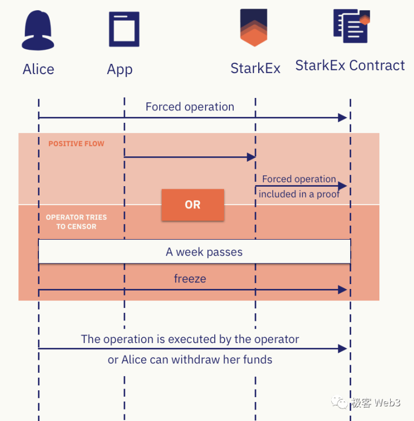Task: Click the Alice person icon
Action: tap(38, 31)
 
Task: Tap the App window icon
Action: tap(124, 29)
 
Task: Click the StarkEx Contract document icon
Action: tap(351, 27)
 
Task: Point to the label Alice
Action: tap(38, 69)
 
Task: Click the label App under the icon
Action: tap(120, 69)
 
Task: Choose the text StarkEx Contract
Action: tap(350, 65)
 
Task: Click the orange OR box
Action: tap(193, 205)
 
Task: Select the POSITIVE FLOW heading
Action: tap(76, 144)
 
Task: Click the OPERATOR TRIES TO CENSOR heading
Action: tap(76, 222)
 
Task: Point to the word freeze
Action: tap(190, 279)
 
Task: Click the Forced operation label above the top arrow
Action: tap(190, 107)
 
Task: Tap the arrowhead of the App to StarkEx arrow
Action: tap(251, 157)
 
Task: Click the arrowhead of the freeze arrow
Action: tap(342, 290)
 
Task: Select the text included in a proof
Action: tap(299, 194)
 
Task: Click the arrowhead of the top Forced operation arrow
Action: tap(342, 117)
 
